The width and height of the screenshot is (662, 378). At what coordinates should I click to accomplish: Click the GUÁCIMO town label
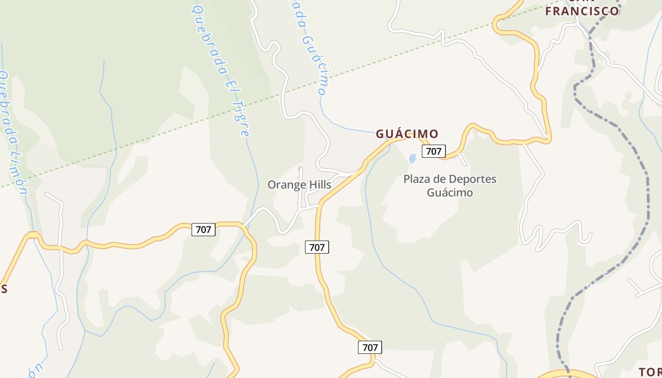click(407, 134)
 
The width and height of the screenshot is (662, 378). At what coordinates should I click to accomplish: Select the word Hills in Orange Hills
click(319, 185)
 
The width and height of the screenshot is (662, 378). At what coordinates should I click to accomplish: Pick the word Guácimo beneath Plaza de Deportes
click(450, 193)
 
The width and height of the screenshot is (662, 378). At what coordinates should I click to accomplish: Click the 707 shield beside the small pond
click(434, 151)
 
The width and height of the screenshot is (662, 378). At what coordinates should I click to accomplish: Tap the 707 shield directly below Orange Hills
click(317, 247)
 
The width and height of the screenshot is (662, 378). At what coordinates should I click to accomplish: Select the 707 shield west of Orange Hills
click(203, 230)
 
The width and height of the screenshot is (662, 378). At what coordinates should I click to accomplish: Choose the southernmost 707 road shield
click(370, 347)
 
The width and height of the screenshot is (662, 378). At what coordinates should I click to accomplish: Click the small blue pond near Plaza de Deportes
click(412, 159)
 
